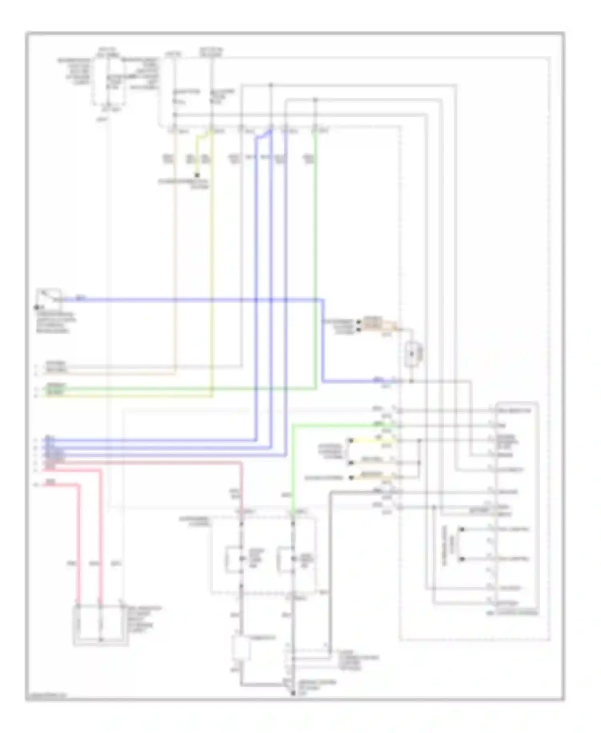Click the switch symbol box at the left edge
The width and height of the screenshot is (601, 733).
click(49, 296)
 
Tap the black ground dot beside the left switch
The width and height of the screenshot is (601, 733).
click(36, 308)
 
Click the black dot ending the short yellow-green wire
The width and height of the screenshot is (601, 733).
click(197, 175)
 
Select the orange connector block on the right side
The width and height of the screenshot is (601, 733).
click(373, 324)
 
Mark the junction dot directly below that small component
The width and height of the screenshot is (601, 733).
click(411, 381)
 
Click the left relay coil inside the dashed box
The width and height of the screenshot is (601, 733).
click(234, 559)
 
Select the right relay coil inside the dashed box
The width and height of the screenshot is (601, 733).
click(285, 559)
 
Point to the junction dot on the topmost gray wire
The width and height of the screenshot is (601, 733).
click(271, 85)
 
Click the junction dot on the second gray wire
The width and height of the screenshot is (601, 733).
click(315, 99)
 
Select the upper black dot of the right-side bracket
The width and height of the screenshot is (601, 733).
click(462, 529)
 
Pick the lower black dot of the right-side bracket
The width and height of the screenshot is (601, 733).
click(462, 559)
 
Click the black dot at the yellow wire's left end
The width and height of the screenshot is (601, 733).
click(351, 441)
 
